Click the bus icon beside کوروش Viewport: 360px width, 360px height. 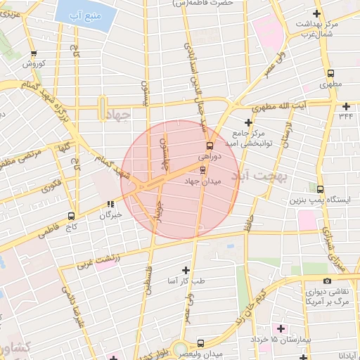tap(34, 53)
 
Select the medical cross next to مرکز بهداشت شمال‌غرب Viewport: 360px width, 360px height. tap(318, 13)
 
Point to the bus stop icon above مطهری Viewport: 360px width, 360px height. tap(330, 73)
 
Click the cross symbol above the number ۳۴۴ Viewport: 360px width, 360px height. tap(346, 106)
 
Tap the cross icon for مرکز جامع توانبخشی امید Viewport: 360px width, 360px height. tap(248, 122)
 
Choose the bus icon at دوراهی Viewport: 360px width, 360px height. tap(209, 146)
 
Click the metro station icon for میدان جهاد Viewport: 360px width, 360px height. tap(203, 169)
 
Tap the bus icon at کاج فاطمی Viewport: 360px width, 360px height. tap(71, 217)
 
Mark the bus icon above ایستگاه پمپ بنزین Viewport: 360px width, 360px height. tap(321, 189)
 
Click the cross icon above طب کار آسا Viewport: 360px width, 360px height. tap(186, 270)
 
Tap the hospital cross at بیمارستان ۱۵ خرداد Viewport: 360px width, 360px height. tap(281, 328)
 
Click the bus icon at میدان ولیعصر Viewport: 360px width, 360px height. tap(202, 343)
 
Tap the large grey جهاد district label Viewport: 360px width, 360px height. tap(117, 115)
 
